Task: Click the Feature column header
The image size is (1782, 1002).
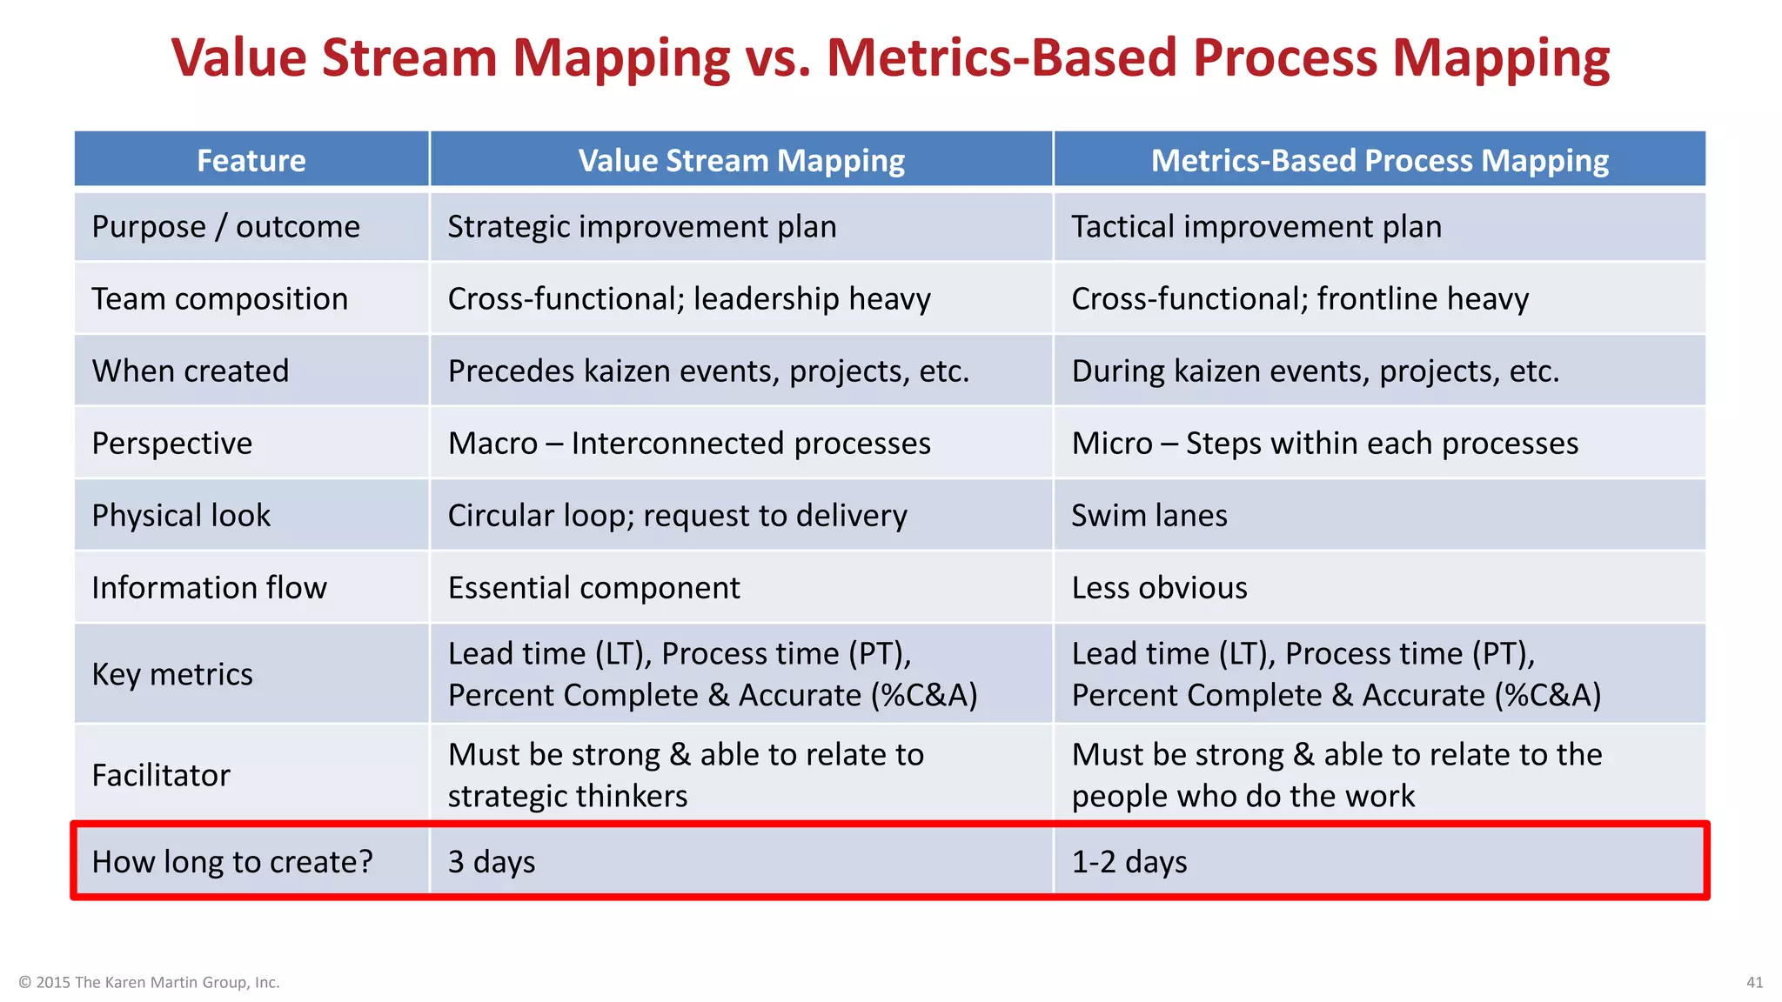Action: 251,160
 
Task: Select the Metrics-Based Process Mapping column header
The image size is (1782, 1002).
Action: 1379,160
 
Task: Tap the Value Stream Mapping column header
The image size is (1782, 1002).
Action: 741,160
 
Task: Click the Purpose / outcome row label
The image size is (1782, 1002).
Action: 225,227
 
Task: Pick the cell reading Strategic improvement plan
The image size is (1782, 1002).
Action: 642,227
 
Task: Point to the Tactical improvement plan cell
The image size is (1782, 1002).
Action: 1256,227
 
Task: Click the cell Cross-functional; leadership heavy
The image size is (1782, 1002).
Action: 689,299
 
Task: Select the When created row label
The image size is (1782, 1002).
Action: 191,371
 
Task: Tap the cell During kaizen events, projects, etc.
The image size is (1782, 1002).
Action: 1315,371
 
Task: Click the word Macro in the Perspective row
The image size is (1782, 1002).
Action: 492,444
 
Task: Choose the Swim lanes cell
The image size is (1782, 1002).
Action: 1149,516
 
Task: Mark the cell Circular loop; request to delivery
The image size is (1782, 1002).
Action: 677,516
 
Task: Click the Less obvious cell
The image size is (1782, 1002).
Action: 1159,588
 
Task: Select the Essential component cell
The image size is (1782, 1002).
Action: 593,588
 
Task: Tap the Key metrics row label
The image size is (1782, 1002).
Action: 172,675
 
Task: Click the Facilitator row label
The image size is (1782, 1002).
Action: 161,775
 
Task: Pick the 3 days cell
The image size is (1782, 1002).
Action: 492,862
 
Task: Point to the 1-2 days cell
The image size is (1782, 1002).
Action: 1129,862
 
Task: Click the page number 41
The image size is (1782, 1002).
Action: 1754,982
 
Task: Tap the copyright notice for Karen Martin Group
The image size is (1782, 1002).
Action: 149,982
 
